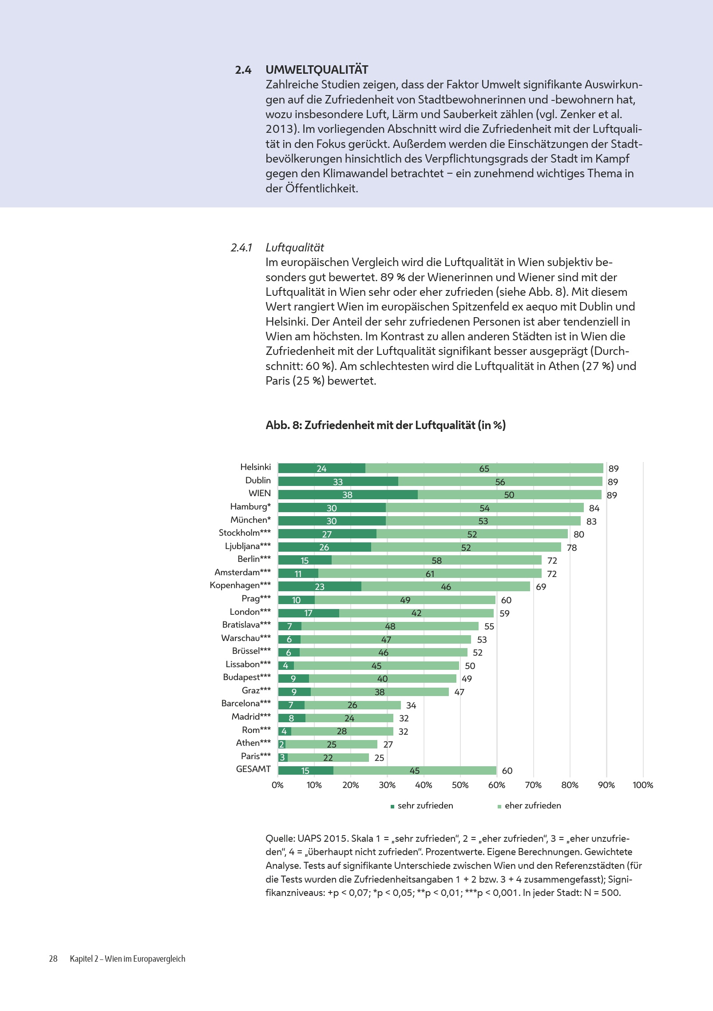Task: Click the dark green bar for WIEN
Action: coord(348,495)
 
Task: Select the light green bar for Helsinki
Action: coord(484,469)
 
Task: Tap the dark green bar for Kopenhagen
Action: coord(320,587)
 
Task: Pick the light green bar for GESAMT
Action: coord(415,771)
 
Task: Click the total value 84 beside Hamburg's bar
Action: coord(594,508)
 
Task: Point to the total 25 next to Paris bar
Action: coord(379,758)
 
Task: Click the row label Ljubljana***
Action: coord(248,546)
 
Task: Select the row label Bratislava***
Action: coord(246,625)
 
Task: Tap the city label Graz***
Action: coord(256,690)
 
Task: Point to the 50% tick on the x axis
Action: coord(460,785)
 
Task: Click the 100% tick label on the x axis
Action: coord(642,785)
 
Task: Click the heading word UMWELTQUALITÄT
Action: coord(317,70)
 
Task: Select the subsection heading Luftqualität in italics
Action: coord(295,247)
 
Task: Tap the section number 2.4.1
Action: coord(241,247)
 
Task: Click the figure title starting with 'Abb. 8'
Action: coord(385,425)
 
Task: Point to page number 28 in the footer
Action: coord(53,959)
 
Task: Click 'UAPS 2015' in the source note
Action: coord(323,839)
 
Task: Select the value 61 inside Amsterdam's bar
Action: coord(430,574)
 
